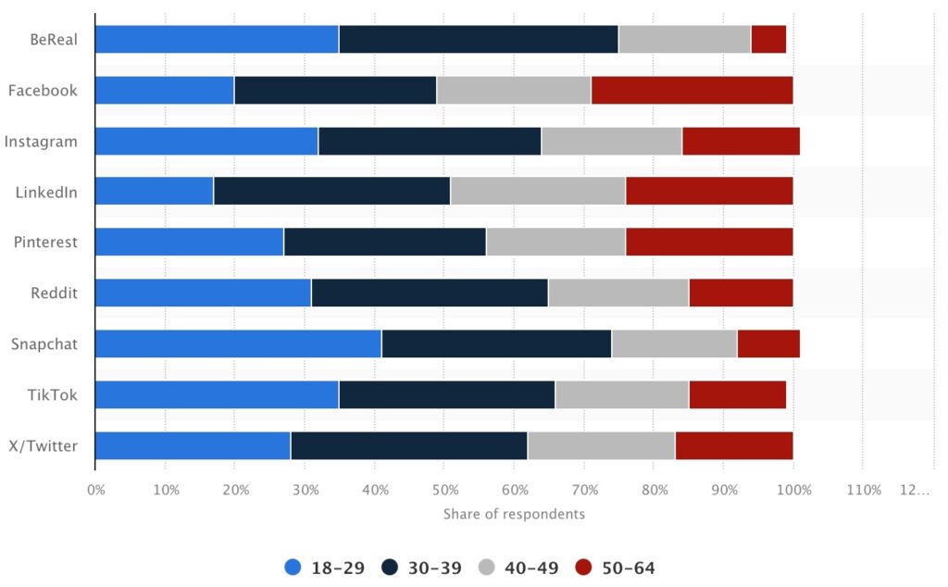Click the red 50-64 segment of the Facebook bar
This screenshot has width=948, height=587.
coord(692,91)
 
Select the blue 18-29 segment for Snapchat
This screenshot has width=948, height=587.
coord(238,343)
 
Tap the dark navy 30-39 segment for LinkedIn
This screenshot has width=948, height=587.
coord(331,193)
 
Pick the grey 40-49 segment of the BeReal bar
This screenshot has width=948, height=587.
coord(684,40)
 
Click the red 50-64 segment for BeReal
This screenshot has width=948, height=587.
coord(768,40)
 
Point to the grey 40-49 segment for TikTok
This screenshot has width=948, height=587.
coord(621,394)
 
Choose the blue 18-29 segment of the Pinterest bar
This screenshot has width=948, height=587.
coord(189,243)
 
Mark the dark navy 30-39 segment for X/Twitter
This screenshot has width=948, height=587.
coord(408,445)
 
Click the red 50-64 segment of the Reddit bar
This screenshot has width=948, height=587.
coord(741,293)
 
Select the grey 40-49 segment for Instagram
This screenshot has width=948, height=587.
coord(611,142)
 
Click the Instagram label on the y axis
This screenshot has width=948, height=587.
coord(41,142)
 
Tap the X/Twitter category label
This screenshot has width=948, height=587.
coord(43,445)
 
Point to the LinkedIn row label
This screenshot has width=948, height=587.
coord(46,193)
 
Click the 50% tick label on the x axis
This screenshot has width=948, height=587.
coord(444,490)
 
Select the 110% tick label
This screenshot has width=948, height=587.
coord(863,490)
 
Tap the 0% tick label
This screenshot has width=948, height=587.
coord(96,490)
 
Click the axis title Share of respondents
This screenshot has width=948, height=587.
coord(514,514)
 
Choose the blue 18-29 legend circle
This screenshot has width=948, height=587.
coord(293,567)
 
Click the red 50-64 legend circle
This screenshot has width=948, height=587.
coord(584,567)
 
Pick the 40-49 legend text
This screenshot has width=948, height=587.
coord(531,567)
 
